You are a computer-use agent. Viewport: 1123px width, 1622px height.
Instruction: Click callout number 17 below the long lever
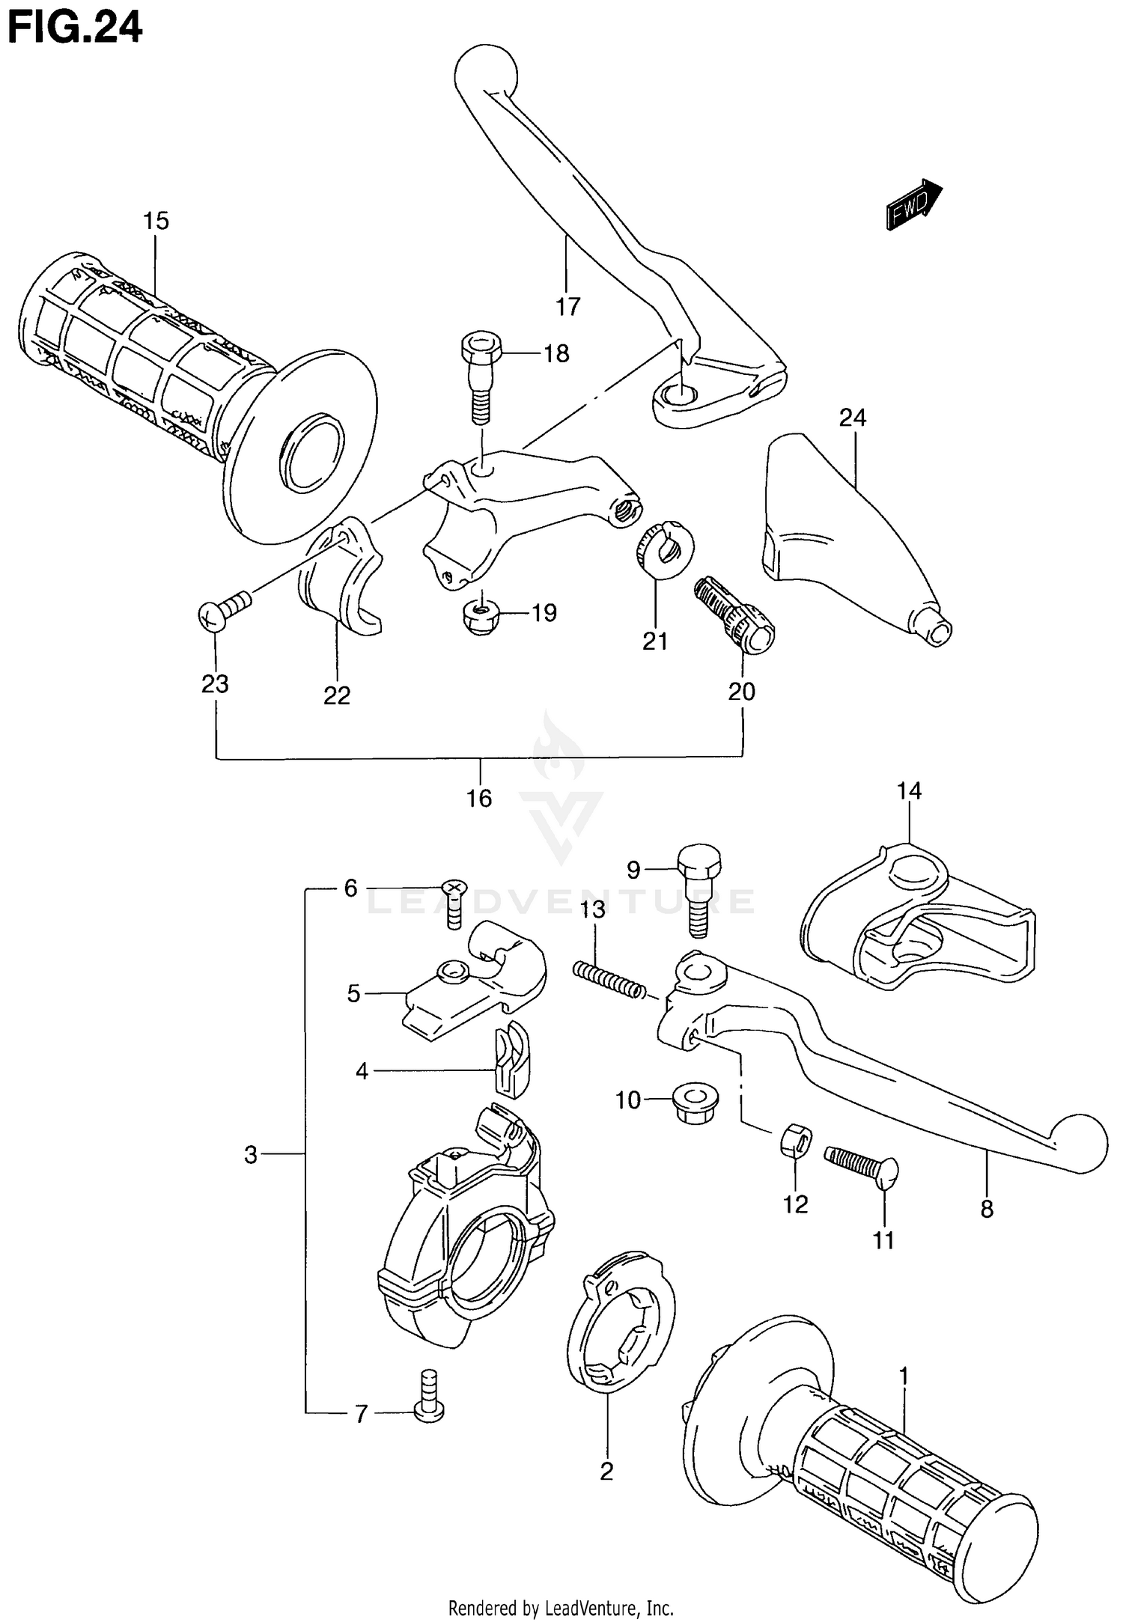tap(567, 306)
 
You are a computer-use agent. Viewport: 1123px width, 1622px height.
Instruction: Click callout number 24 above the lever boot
tap(852, 418)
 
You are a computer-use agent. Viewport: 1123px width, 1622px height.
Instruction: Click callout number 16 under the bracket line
tap(479, 799)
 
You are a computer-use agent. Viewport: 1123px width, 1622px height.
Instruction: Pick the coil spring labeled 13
tap(609, 980)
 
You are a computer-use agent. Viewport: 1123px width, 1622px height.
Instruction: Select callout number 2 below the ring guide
tap(606, 1471)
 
